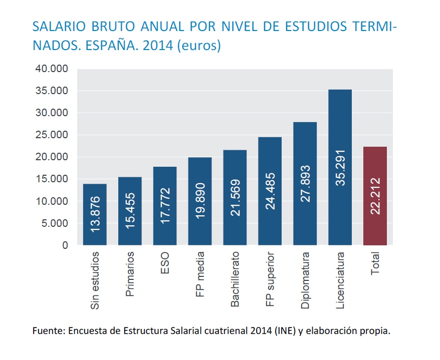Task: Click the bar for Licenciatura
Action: (x=340, y=167)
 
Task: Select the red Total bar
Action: (x=375, y=196)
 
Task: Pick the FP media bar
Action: (x=200, y=201)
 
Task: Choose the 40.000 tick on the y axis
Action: (x=52, y=69)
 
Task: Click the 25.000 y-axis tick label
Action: (x=52, y=135)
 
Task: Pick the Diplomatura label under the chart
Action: (x=305, y=280)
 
